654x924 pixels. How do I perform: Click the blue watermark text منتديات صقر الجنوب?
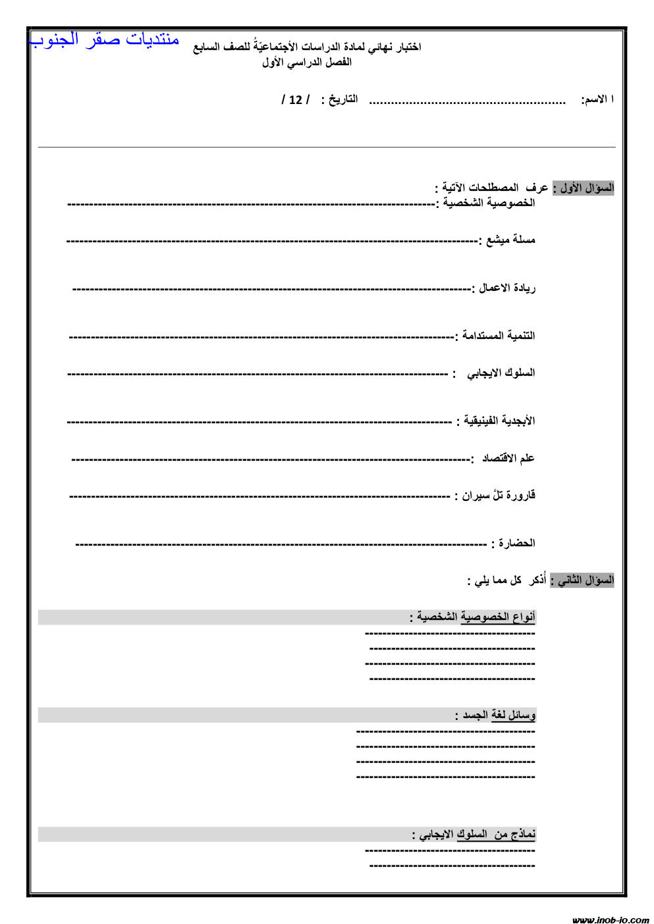105,39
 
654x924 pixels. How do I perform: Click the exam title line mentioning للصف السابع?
307,47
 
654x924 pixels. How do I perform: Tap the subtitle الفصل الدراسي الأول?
307,63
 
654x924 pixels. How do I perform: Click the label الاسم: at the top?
597,99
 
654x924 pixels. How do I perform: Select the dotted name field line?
467,103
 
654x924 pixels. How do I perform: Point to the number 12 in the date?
296,100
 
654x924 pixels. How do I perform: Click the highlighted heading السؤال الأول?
583,188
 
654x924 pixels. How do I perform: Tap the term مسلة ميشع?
510,240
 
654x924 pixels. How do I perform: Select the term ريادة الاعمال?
506,288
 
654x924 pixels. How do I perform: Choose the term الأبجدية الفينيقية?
499,421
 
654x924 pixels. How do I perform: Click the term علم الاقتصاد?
508,458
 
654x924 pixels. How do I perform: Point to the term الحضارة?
516,544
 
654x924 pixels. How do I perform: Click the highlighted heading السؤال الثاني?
582,580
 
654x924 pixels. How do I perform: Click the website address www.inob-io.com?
611,919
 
